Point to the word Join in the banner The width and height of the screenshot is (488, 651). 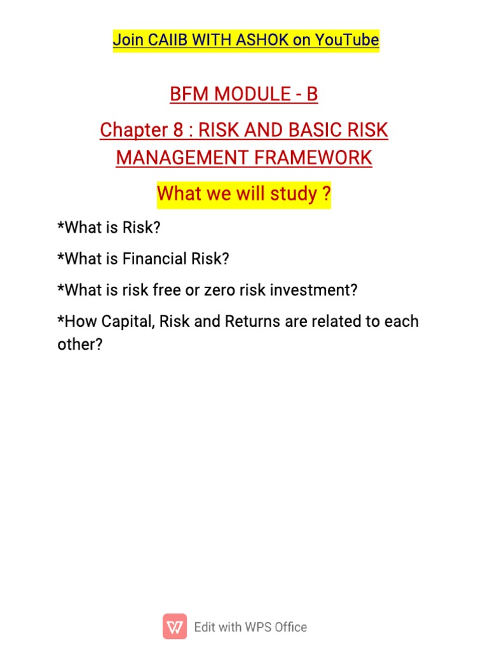pyautogui.click(x=127, y=41)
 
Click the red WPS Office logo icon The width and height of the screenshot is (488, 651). pyautogui.click(x=175, y=627)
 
